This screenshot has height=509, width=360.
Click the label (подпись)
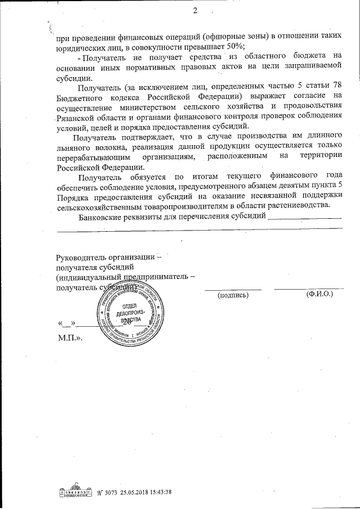coord(233,295)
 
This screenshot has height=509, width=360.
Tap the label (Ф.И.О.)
coord(318,294)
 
